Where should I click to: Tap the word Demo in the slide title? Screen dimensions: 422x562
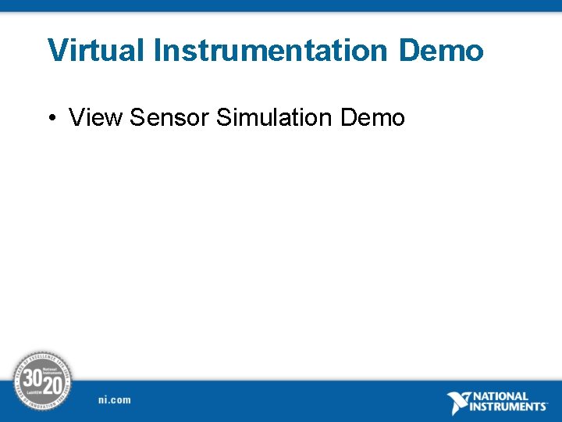tap(441, 51)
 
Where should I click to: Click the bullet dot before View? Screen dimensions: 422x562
tap(51, 118)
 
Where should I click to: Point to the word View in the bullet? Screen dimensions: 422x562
tap(96, 118)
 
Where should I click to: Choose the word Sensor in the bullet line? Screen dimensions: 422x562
tap(169, 118)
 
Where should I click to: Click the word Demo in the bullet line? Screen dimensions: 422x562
tap(373, 118)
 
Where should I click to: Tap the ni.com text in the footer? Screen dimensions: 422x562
tap(115, 400)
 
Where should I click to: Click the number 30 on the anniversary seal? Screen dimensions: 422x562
tap(32, 378)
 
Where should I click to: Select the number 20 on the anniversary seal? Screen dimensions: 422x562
tap(52, 386)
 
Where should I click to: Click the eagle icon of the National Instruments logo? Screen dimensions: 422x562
tap(459, 402)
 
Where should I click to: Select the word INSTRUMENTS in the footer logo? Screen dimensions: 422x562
tap(508, 407)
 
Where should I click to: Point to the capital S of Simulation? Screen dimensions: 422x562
tap(224, 118)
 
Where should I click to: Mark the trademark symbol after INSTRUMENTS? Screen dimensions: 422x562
tap(548, 404)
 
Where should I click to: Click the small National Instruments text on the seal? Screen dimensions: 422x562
tap(53, 370)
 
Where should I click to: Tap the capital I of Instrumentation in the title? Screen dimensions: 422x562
tap(157, 51)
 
